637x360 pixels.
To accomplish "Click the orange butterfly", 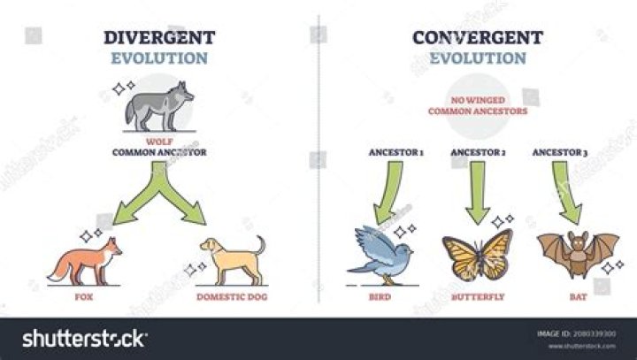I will [478, 256].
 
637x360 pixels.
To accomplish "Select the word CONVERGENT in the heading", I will [478, 37].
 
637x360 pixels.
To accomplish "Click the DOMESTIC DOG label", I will [231, 296].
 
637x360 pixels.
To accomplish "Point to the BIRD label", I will [380, 296].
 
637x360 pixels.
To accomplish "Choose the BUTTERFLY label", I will [478, 296].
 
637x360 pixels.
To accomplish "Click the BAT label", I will [577, 296].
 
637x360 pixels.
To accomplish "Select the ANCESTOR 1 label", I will [396, 153].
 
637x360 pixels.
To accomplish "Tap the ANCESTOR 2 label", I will [479, 153].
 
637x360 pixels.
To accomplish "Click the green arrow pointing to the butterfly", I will [478, 190].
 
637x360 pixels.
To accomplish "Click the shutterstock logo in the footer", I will [84, 338].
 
